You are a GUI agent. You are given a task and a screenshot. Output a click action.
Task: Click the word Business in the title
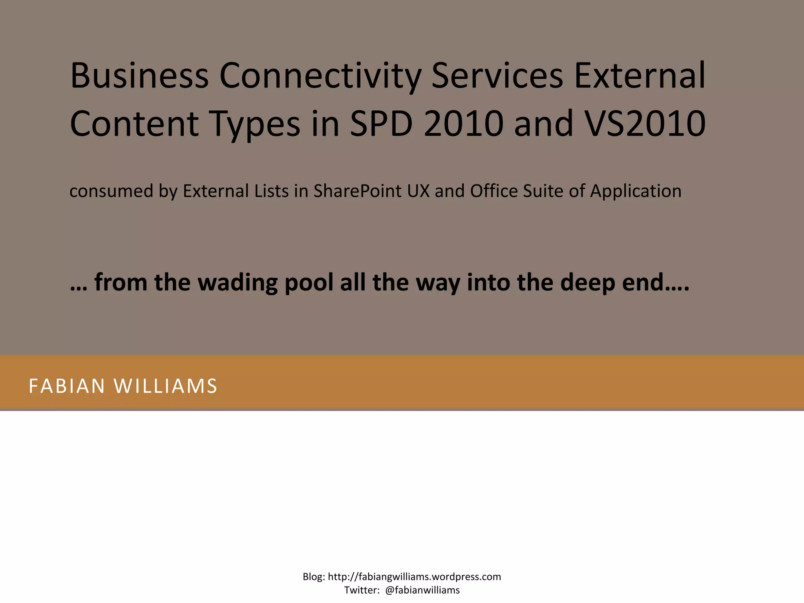139,75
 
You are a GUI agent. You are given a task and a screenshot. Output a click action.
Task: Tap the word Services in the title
497,75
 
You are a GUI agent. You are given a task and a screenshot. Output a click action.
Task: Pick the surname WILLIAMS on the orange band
165,386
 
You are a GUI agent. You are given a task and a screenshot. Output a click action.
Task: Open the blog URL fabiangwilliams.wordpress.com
414,577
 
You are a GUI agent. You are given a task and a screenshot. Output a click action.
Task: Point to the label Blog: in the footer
314,577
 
